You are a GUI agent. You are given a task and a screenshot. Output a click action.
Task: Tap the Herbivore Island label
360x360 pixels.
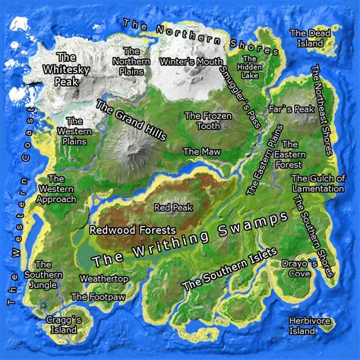(x=310, y=326)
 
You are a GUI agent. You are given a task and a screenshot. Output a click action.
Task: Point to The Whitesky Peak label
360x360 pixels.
(x=66, y=68)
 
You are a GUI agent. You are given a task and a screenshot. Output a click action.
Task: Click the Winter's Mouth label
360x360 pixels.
(x=191, y=62)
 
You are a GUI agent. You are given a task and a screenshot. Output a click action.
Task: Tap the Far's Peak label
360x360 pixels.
(x=296, y=110)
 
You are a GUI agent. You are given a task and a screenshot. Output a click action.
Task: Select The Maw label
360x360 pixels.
(x=201, y=152)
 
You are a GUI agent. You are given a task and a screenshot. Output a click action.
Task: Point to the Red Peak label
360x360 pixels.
(x=170, y=207)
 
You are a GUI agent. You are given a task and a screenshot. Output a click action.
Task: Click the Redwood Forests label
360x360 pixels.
(x=132, y=229)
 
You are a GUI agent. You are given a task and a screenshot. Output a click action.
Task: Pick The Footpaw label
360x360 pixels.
(x=90, y=297)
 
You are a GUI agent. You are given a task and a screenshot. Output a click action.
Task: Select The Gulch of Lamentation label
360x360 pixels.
(x=318, y=183)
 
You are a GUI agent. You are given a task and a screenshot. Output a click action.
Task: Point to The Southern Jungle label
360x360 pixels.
(x=41, y=275)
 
